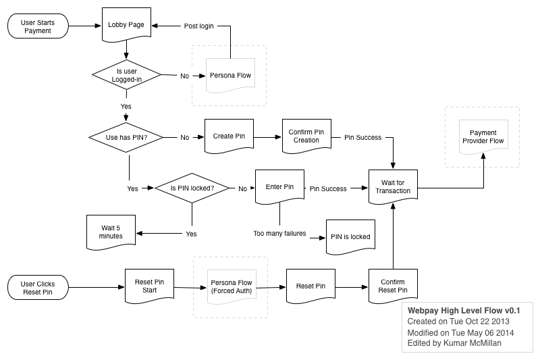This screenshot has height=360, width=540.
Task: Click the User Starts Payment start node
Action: (x=38, y=26)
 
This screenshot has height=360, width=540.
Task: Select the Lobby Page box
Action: (x=126, y=25)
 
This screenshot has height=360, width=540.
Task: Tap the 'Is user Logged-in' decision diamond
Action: (x=126, y=75)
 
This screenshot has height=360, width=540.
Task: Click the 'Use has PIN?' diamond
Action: (x=126, y=137)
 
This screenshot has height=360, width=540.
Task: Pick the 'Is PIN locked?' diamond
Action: (x=192, y=188)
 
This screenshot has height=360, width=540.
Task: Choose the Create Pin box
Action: (x=229, y=136)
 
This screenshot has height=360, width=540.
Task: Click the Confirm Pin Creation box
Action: (x=306, y=136)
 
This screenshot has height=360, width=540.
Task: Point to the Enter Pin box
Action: (x=279, y=186)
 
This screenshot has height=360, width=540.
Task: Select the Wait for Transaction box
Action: (x=393, y=186)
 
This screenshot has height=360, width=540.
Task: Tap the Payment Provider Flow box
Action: (x=483, y=136)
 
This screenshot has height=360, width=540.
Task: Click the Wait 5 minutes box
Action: (x=111, y=232)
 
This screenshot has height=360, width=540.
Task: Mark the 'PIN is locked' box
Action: (x=350, y=237)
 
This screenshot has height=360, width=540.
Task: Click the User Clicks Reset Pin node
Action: (x=38, y=287)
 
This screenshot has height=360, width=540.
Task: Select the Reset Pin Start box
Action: (x=149, y=286)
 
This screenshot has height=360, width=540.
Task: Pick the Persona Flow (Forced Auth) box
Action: (x=232, y=287)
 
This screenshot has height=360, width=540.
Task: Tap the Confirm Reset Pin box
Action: (x=393, y=286)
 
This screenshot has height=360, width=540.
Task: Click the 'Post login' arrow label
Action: (x=198, y=26)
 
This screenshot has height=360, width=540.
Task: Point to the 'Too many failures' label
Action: (x=279, y=233)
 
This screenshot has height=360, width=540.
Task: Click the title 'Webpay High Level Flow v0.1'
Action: (x=464, y=311)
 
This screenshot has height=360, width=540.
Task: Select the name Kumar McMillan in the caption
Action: (x=472, y=342)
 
